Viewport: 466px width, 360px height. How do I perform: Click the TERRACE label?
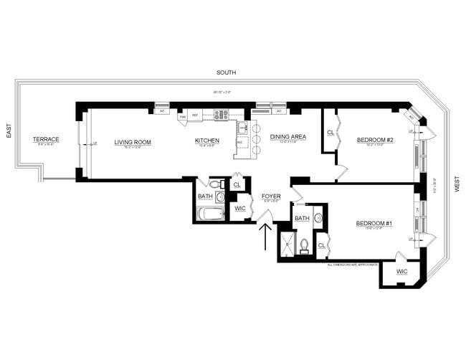(47, 139)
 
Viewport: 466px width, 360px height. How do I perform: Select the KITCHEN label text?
(207, 141)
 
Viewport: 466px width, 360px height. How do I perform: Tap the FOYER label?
(270, 195)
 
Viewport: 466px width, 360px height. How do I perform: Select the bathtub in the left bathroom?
(211, 214)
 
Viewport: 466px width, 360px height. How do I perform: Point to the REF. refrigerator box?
(194, 115)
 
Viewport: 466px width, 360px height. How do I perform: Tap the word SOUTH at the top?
(228, 73)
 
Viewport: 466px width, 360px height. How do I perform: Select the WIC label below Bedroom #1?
(401, 272)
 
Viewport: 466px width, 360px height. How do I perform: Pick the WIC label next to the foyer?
(240, 209)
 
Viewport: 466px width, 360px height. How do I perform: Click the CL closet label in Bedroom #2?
(331, 132)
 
